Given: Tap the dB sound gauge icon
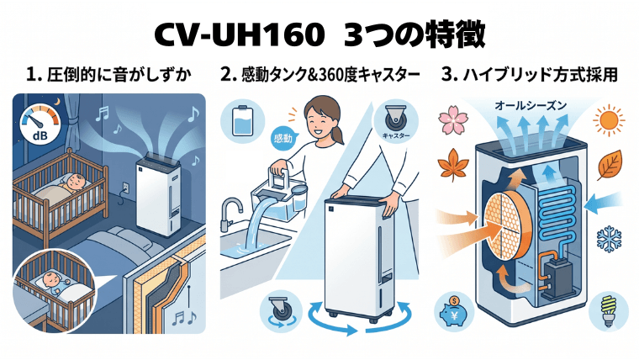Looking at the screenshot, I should pyautogui.click(x=38, y=124).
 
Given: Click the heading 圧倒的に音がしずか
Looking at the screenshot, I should pyautogui.click(x=110, y=75).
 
